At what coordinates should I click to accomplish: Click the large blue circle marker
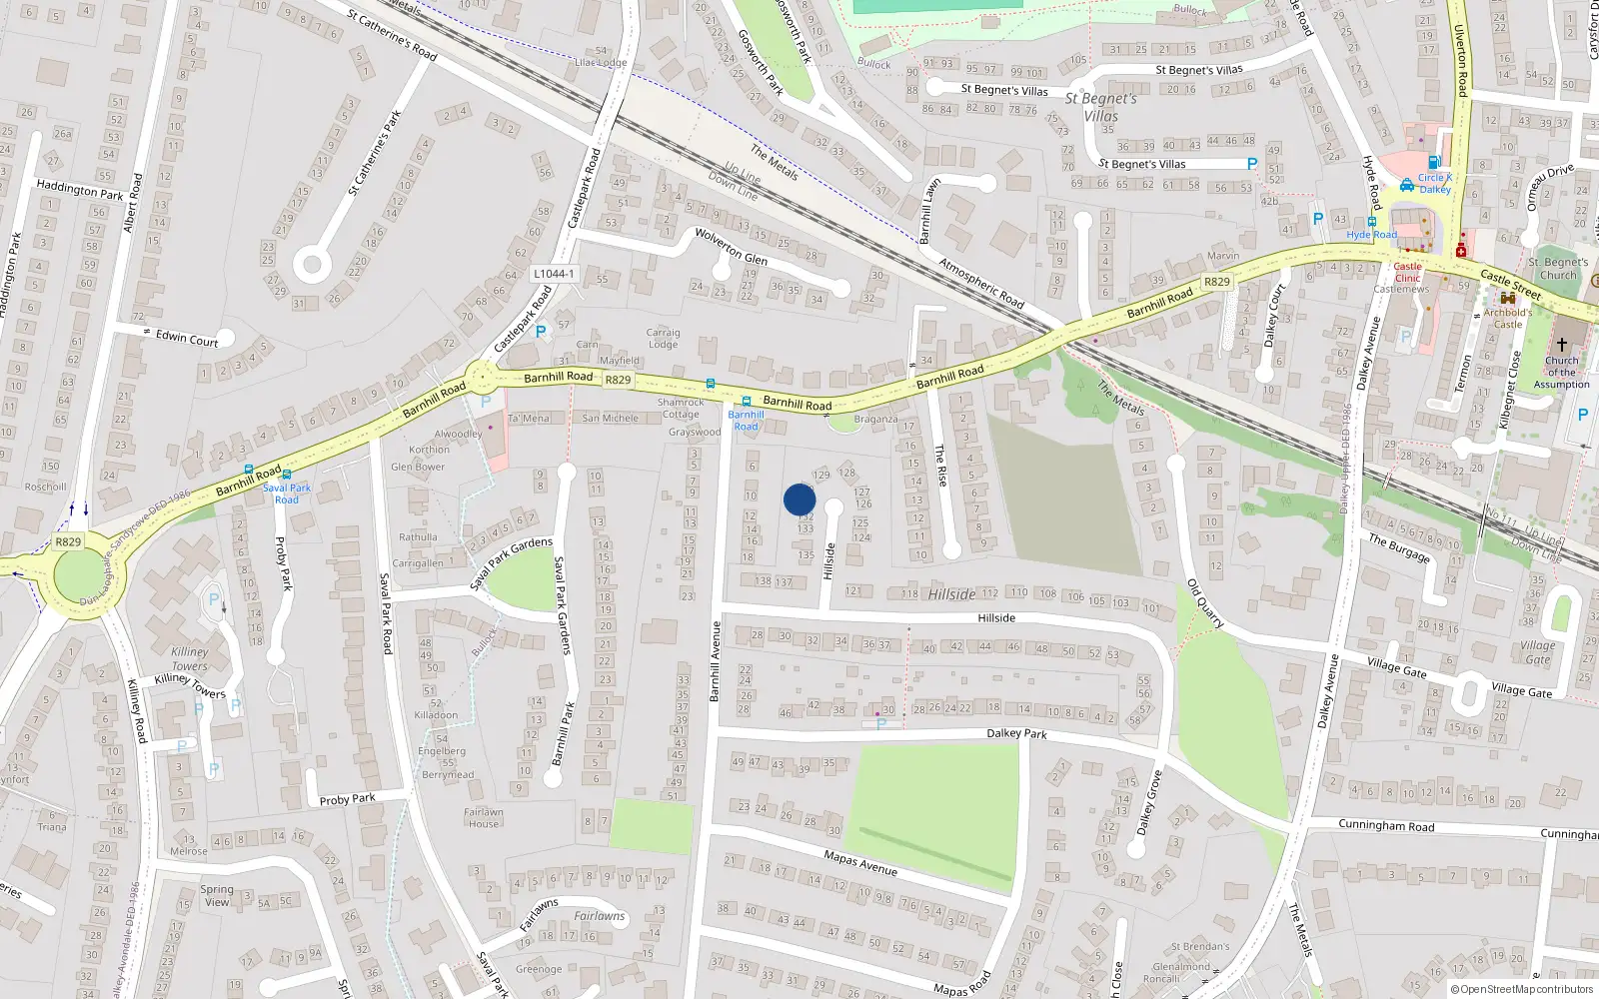(x=799, y=499)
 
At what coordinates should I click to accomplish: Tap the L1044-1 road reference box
(x=553, y=274)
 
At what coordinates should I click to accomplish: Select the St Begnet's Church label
(x=1557, y=269)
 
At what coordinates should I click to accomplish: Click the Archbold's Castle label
(x=1507, y=318)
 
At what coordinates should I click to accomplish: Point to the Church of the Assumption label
(x=1561, y=373)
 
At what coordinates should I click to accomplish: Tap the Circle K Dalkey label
(x=1435, y=184)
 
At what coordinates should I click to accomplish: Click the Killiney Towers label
(x=189, y=659)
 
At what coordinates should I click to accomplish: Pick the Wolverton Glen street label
(x=731, y=247)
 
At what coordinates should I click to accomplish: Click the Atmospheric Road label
(x=981, y=283)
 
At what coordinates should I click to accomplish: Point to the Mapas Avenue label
(x=860, y=862)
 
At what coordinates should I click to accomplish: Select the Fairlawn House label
(x=483, y=817)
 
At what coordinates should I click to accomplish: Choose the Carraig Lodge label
(x=663, y=339)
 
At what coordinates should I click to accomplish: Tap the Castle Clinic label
(x=1407, y=272)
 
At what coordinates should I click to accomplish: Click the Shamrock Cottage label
(x=681, y=408)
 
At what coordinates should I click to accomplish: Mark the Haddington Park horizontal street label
(x=80, y=189)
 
